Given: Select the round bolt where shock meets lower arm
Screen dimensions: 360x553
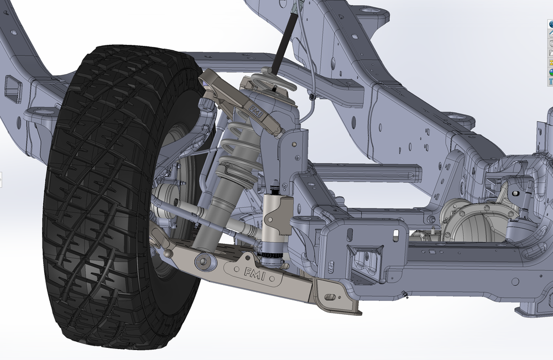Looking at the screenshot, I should pos(203,260).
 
